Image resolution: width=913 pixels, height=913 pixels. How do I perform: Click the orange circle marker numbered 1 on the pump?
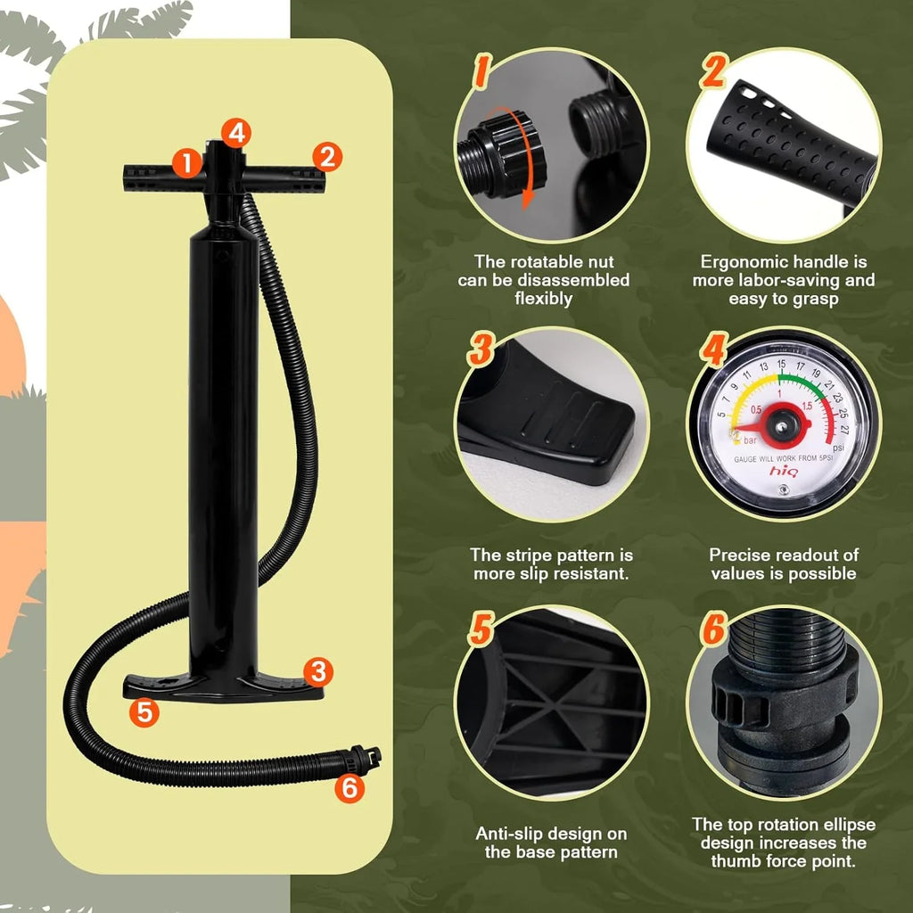[x=186, y=162]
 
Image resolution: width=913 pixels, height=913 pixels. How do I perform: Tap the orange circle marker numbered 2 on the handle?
[x=327, y=158]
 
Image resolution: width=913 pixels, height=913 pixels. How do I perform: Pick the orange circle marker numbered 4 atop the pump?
[x=236, y=134]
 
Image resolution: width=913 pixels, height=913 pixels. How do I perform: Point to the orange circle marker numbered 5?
[x=143, y=711]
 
